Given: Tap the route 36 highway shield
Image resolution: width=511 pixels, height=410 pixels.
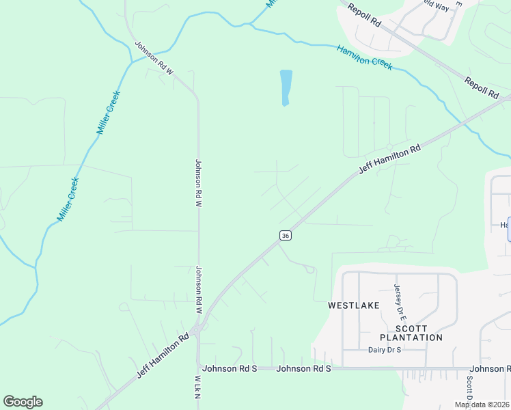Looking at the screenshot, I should [x=286, y=235].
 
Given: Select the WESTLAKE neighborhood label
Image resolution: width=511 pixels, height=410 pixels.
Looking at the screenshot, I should [x=353, y=306].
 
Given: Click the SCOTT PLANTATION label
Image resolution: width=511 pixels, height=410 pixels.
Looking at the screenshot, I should [x=411, y=333].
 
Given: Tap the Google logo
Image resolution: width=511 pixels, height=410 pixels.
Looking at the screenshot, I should [x=23, y=402].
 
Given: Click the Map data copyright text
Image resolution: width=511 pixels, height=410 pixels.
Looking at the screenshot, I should [x=481, y=405].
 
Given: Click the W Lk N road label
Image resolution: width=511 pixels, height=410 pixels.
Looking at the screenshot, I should [x=197, y=386].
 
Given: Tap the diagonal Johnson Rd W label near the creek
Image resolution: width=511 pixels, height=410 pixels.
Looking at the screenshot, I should [x=155, y=58].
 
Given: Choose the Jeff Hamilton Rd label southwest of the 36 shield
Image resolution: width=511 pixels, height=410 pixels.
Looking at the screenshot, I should [x=163, y=356].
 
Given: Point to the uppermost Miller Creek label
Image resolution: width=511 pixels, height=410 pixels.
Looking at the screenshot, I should [x=109, y=112].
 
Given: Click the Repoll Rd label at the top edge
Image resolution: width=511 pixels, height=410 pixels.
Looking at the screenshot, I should [x=363, y=15].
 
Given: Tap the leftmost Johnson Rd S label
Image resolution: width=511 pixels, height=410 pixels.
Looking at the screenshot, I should [x=230, y=368].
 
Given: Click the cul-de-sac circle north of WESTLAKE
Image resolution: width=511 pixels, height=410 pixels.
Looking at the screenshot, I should [x=310, y=269].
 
